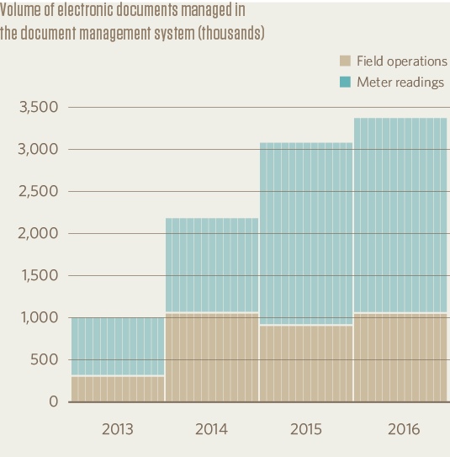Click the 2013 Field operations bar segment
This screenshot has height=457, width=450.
tap(117, 389)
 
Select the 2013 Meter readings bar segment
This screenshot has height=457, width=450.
tap(117, 346)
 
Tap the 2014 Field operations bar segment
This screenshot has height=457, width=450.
tap(211, 358)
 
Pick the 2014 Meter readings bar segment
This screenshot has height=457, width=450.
tap(211, 265)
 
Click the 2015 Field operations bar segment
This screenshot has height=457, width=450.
tap(305, 364)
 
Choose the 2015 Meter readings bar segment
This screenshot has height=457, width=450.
tap(305, 233)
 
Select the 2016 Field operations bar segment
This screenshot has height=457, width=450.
tap(400, 358)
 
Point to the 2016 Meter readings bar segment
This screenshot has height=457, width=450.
tap(400, 215)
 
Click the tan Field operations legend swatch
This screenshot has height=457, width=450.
tap(345, 61)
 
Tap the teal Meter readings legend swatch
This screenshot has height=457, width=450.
tap(345, 82)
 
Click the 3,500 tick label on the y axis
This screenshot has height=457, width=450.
tap(38, 108)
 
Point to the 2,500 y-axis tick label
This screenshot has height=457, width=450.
tap(38, 192)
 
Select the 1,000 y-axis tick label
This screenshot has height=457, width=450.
tap(39, 318)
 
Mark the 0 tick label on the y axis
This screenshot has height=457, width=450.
tap(54, 402)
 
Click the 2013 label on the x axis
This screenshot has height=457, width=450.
tap(117, 429)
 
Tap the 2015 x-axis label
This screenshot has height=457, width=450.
tap(305, 429)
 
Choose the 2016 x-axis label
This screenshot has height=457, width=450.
tap(400, 429)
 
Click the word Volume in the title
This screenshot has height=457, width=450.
tap(21, 11)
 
